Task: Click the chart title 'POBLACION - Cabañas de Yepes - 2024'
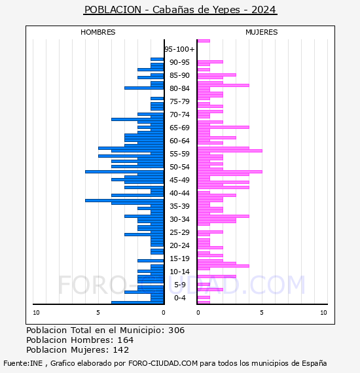[180, 10]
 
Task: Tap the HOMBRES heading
[98, 32]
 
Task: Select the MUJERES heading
[262, 32]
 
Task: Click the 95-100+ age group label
[179, 49]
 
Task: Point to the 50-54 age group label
[179, 167]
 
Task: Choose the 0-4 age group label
[180, 298]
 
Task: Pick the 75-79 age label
[179, 101]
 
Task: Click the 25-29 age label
[179, 232]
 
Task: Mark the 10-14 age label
[179, 272]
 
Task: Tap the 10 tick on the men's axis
[36, 313]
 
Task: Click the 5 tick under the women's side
[262, 313]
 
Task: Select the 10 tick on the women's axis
[323, 313]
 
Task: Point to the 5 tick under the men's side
[98, 313]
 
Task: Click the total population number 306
[176, 330]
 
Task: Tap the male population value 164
[126, 340]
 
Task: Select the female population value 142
[121, 349]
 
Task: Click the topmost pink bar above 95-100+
[204, 41]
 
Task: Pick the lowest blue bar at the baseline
[137, 302]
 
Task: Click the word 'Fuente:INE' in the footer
[23, 363]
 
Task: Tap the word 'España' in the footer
[314, 363]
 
